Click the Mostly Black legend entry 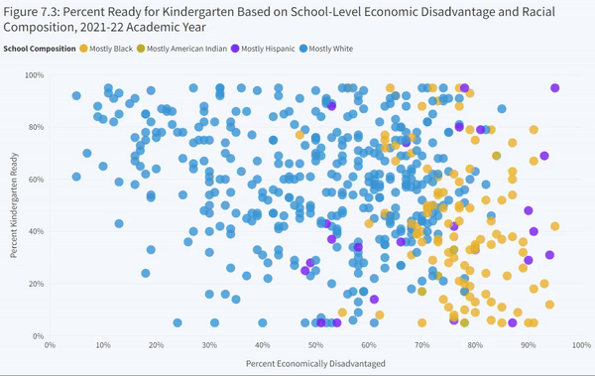[106, 49]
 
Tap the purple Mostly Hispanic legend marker [235, 49]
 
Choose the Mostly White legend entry [326, 49]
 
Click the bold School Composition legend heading [40, 49]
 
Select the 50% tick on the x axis [315, 345]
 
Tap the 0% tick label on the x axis [50, 345]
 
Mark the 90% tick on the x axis [529, 345]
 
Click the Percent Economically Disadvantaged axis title [315, 364]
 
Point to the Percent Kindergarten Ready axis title [14, 205]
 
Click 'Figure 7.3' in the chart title [31, 12]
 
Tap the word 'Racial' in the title [538, 12]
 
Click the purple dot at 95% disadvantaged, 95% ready [554, 87]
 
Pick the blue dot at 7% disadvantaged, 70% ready [87, 153]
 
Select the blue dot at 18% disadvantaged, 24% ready [146, 273]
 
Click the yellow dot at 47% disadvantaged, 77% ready [299, 135]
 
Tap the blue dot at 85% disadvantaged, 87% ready [502, 108]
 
